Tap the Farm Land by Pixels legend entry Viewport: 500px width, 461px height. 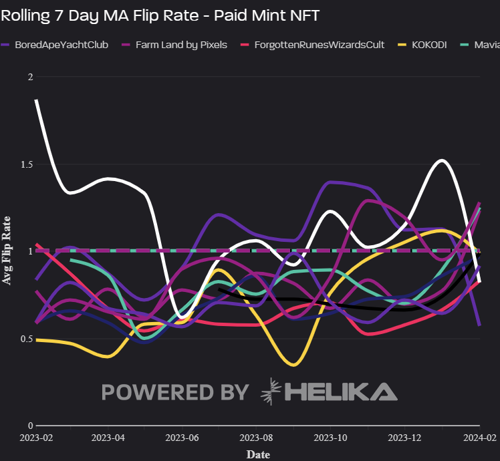175,45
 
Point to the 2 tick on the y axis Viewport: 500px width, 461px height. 29,77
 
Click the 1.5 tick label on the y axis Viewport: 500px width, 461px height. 25,164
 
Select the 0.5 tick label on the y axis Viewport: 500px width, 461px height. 25,339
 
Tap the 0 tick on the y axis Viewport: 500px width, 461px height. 29,426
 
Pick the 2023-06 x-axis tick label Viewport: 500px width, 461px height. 182,438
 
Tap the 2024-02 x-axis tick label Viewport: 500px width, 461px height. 480,438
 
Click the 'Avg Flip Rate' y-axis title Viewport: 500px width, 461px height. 7,251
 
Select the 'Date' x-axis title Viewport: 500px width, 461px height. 258,454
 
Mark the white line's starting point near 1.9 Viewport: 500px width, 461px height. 36,100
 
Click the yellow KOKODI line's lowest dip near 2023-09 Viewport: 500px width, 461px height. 292,365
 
